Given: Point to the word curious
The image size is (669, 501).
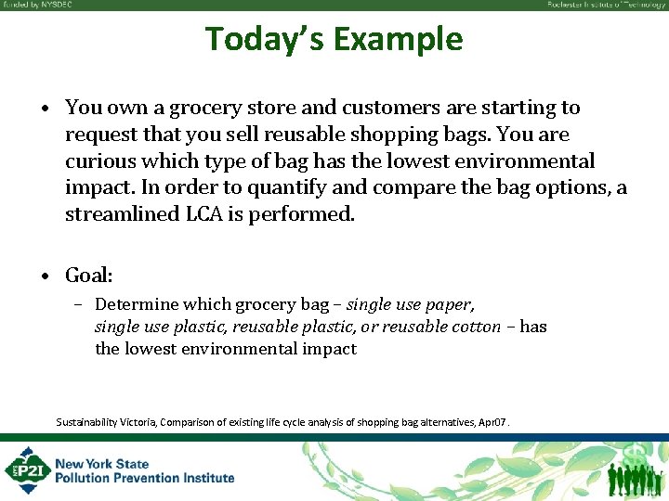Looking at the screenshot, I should pos(98,161).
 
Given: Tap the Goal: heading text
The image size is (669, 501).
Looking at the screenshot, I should pos(89,276).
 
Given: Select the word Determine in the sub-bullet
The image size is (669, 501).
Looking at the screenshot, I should pos(137,304).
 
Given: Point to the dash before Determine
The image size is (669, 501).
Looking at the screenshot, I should pos(81,304).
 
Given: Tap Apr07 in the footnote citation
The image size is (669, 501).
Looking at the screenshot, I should pos(492,422).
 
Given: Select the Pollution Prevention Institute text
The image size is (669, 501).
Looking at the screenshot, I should pos(145,478).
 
